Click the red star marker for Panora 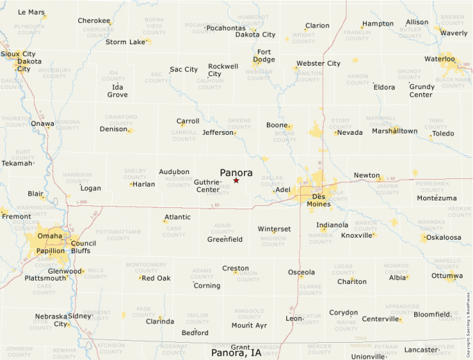click(x=236, y=180)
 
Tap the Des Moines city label click(x=319, y=200)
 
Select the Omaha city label click(x=50, y=236)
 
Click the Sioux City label click(x=19, y=53)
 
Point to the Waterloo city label click(x=440, y=59)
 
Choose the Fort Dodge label click(x=264, y=55)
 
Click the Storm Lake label click(x=125, y=41)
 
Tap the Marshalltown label click(x=395, y=131)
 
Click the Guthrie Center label click(x=208, y=185)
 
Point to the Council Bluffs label click(x=84, y=247)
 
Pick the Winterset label click(x=275, y=229)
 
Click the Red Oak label click(x=156, y=278)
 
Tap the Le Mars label click(x=31, y=12)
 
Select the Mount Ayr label click(x=249, y=325)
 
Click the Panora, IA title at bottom click(x=236, y=353)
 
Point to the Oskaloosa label click(x=443, y=237)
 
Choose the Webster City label click(x=318, y=64)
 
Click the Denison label click(x=114, y=129)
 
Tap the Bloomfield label click(x=432, y=314)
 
